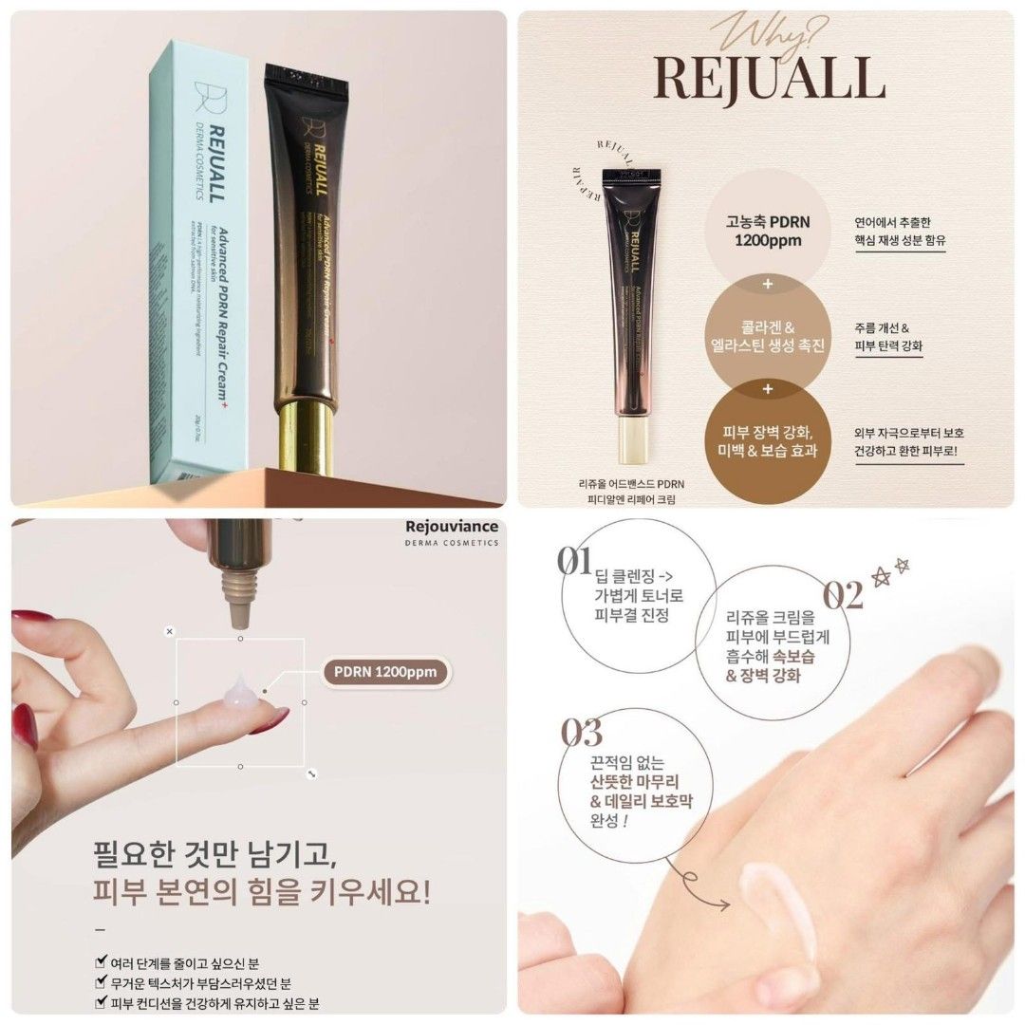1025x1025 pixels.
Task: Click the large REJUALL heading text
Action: [766, 79]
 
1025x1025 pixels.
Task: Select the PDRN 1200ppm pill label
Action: [384, 673]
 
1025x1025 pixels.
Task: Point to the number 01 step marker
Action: [574, 562]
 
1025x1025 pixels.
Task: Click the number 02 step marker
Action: [842, 595]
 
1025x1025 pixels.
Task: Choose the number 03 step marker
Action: [582, 733]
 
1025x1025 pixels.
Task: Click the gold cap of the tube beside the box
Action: [307, 437]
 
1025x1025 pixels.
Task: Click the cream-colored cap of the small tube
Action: [632, 442]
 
